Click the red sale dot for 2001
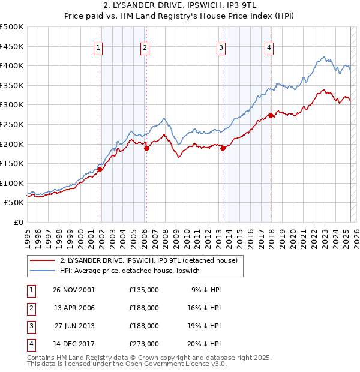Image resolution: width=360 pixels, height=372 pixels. pyautogui.click(x=100, y=169)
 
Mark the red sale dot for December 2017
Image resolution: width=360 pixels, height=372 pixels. pyautogui.click(x=271, y=115)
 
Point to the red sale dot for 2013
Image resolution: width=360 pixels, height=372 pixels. pyautogui.click(x=223, y=149)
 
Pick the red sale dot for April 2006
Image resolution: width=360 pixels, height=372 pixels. pyautogui.click(x=146, y=149)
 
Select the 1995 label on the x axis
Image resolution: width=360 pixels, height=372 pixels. pyautogui.click(x=28, y=233)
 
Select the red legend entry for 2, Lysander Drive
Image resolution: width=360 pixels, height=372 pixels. pyautogui.click(x=149, y=260)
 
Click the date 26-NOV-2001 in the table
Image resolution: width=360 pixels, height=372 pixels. pyautogui.click(x=74, y=290)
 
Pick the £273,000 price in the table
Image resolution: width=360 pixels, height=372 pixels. pyautogui.click(x=144, y=344)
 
